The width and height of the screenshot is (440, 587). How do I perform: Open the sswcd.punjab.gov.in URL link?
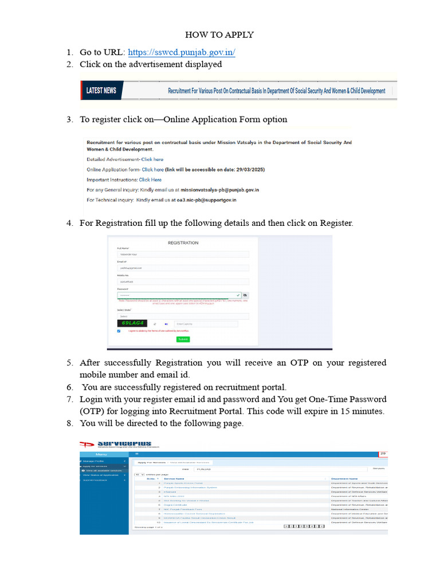click(182, 52)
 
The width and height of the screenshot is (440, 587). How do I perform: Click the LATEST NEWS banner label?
click(101, 91)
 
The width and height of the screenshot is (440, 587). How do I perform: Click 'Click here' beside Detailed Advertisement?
click(152, 159)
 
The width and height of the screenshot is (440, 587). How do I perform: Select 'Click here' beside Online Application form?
click(152, 170)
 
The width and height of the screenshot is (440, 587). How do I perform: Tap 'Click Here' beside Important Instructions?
click(150, 180)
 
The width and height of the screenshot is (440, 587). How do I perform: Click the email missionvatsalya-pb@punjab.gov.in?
click(220, 190)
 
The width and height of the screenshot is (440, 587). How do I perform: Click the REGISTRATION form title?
click(183, 243)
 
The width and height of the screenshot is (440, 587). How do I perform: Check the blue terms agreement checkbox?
click(119, 331)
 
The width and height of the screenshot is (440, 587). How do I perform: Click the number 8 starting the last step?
click(69, 424)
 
